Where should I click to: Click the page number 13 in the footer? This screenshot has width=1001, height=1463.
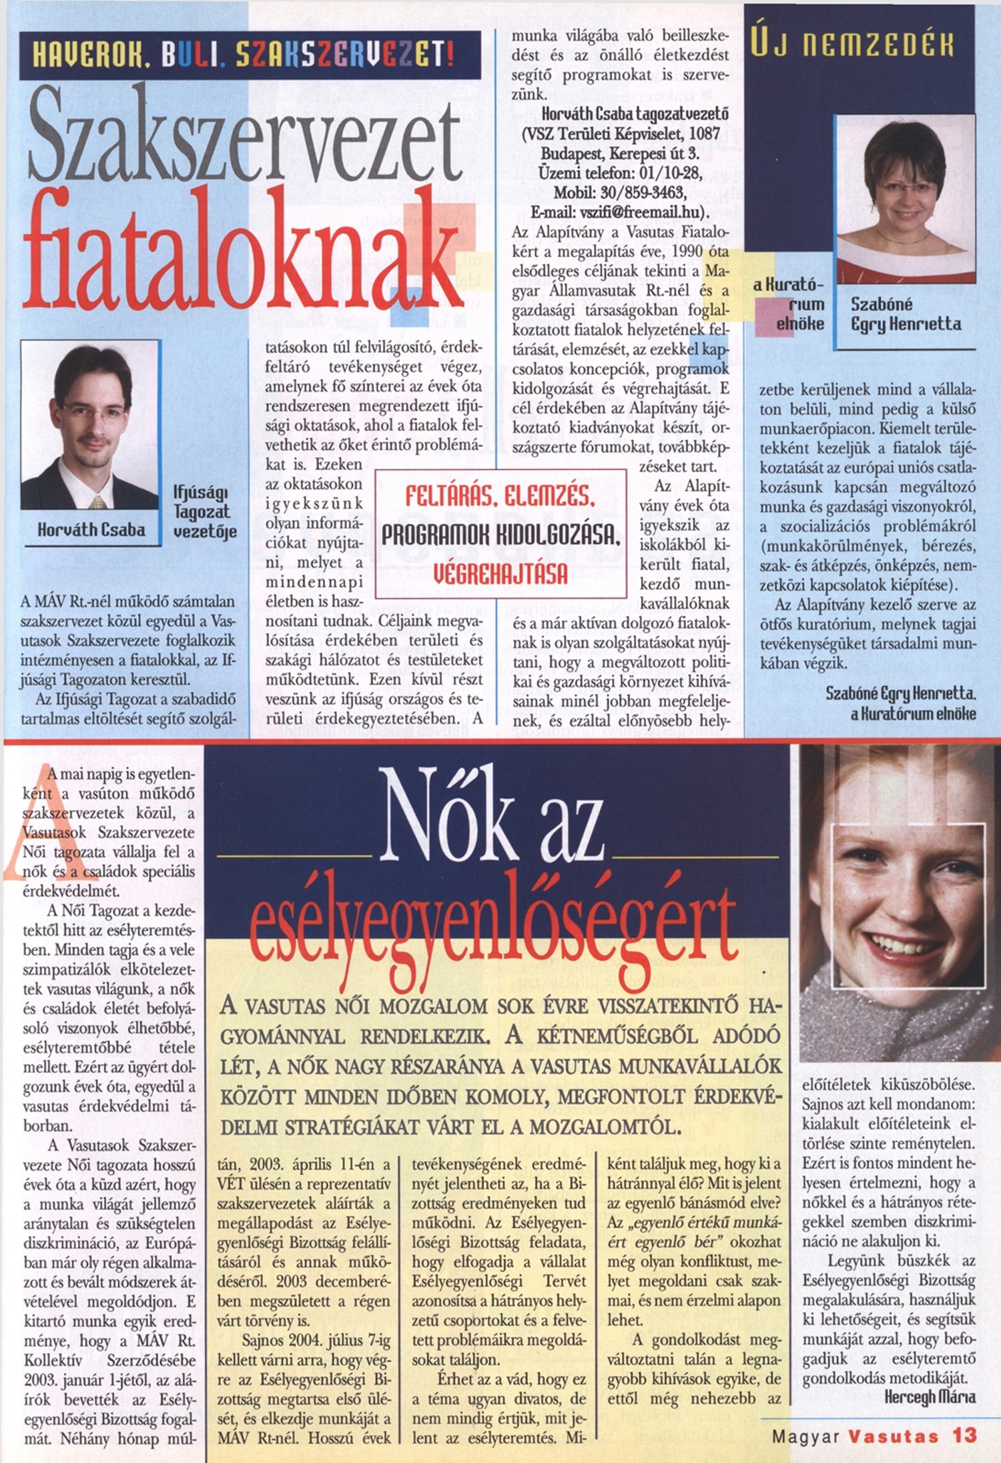tap(964, 1435)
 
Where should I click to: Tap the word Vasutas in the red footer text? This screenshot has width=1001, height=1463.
tap(894, 1436)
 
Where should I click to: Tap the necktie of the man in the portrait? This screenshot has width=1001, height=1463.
tap(99, 502)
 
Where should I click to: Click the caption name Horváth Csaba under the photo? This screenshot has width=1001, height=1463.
tap(91, 530)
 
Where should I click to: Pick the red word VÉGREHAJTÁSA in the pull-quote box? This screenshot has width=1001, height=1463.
tap(500, 573)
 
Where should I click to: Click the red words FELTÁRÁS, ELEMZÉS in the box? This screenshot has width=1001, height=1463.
tap(500, 497)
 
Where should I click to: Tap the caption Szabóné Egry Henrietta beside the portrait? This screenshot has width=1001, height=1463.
tap(906, 314)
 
